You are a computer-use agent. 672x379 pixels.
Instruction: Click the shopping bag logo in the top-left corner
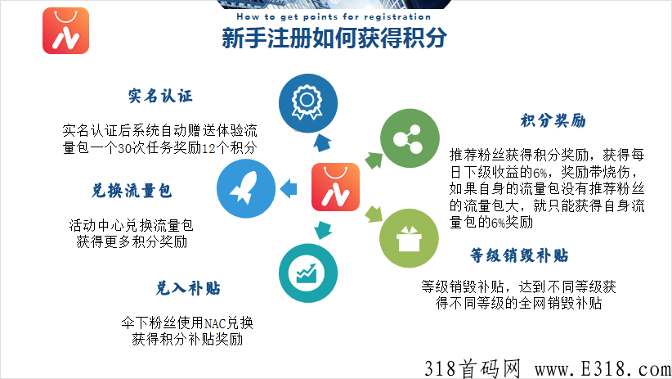point(65,30)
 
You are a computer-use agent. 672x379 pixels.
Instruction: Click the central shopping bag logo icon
point(335,187)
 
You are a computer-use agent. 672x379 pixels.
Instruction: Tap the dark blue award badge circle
point(307,103)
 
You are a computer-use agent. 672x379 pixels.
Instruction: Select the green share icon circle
point(410,138)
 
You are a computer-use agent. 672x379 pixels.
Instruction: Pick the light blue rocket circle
point(246,188)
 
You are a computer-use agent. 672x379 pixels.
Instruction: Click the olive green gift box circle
point(409,238)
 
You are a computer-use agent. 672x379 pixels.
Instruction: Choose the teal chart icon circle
point(307,273)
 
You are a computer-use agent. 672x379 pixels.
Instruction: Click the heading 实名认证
point(160,96)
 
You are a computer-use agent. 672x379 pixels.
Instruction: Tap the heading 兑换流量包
point(132,191)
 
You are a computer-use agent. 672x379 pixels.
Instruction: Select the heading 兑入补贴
point(188,288)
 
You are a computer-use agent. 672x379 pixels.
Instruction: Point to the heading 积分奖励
point(553,120)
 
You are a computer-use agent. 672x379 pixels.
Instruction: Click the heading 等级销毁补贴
point(519,255)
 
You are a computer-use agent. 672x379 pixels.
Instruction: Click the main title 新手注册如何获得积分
point(334,38)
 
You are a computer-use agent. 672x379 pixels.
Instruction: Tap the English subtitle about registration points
point(334,16)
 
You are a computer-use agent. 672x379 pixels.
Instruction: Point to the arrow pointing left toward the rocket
point(289,188)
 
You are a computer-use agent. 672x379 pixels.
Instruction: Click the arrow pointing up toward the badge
point(321,142)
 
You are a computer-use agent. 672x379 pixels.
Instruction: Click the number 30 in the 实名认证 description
point(125,148)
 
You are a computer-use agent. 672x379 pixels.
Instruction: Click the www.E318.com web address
point(603,368)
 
